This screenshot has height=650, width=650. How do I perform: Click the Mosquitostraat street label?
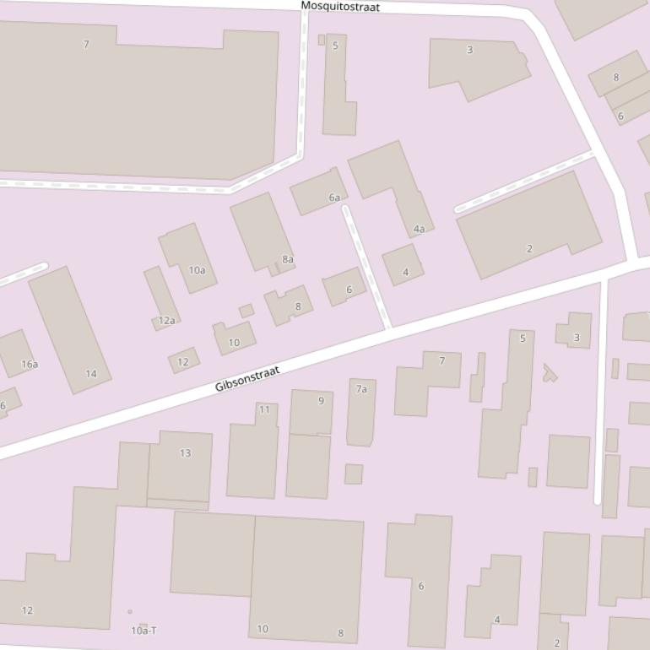point(340,7)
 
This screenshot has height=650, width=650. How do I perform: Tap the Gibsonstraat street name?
point(246,379)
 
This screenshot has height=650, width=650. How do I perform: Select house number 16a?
point(30,365)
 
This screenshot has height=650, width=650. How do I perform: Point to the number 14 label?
point(91,374)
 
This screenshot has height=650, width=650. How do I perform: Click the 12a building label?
point(166,321)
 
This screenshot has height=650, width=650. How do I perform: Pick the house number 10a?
point(197,271)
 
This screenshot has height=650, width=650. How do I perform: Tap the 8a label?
point(288,259)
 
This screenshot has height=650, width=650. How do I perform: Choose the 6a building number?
point(334,198)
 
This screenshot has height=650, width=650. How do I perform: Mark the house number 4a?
point(419,230)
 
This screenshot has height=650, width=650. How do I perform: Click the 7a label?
point(361,389)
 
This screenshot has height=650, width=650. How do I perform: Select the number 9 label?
point(321,401)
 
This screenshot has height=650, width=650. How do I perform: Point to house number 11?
point(265,410)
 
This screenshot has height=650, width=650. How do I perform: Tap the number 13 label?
point(185,453)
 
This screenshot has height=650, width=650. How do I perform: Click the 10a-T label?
point(144,631)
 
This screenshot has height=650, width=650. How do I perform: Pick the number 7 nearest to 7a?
point(441,361)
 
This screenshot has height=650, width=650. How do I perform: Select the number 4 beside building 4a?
point(406,273)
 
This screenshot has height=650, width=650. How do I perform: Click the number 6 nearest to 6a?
point(349,290)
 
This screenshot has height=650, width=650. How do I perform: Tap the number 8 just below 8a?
point(297,307)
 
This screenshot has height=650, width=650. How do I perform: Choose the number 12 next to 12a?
point(182,362)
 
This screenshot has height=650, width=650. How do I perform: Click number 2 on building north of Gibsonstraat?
point(529,249)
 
